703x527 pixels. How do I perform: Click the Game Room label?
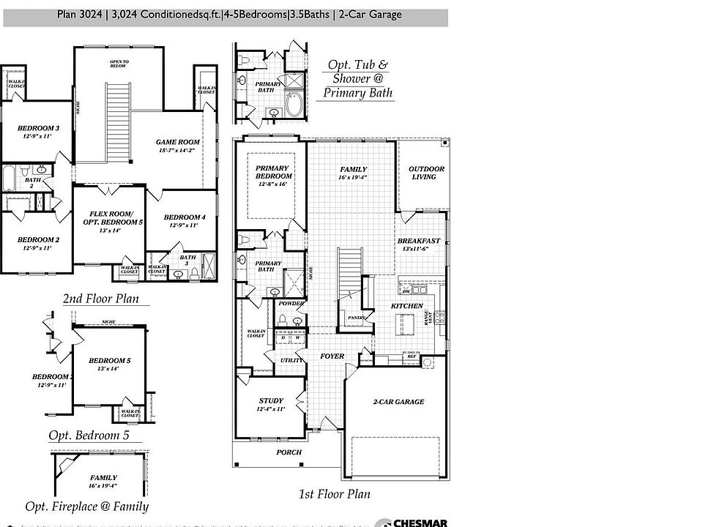(173, 146)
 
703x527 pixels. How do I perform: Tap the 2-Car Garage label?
(398, 402)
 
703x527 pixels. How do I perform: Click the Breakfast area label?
(418, 244)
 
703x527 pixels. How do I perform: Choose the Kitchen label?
(406, 305)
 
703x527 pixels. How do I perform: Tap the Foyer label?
(332, 356)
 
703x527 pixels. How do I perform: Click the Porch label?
(289, 452)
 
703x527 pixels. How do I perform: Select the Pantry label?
(357, 318)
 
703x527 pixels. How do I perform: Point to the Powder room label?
(291, 304)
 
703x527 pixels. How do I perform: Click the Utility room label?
(291, 360)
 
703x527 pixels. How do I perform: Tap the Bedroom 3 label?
(38, 132)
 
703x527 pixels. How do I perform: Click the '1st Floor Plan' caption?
(334, 494)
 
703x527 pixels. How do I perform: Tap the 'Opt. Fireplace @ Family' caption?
(86, 507)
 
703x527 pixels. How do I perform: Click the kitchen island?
(403, 323)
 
